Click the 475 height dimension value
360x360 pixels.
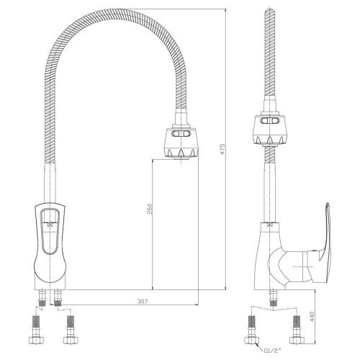click(x=222, y=149)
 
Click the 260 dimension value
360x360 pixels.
click(x=149, y=209)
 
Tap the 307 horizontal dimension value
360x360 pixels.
click(x=143, y=301)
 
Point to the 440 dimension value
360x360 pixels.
click(x=312, y=317)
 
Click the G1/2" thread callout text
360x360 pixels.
click(x=272, y=351)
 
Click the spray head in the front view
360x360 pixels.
click(x=181, y=143)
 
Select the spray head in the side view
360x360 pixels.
click(x=269, y=130)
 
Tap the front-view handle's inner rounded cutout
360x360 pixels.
click(x=50, y=231)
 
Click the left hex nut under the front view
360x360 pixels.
click(x=37, y=340)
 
